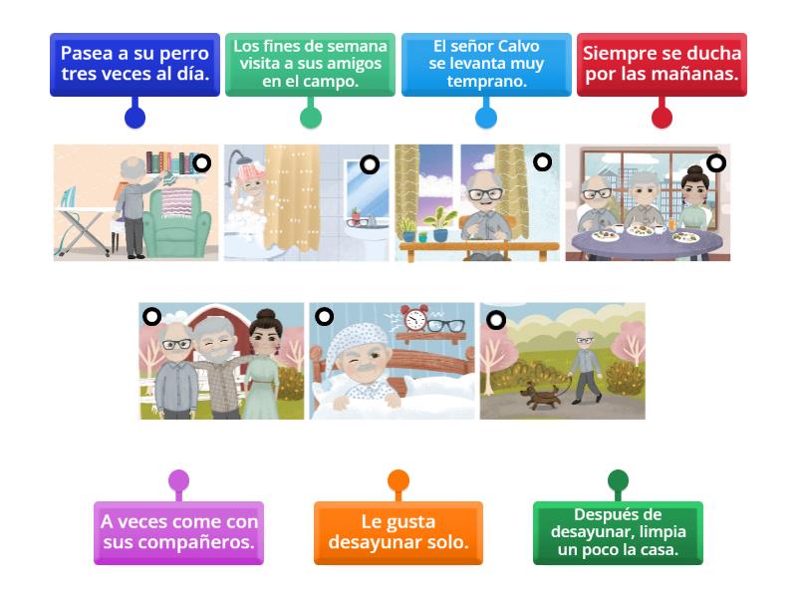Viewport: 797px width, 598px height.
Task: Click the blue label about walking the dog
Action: coord(134,64)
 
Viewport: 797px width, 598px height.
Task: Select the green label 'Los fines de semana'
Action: coord(310,64)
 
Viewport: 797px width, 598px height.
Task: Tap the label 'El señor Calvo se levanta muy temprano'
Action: coord(486,64)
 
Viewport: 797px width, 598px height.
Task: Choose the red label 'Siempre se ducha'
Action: coord(662,64)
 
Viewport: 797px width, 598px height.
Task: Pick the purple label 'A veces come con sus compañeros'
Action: coord(179,533)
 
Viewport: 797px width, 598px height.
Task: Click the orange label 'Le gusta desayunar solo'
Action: coord(398,533)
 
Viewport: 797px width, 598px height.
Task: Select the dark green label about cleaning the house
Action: coord(618,533)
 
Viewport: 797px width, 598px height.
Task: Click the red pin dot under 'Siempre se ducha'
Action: coord(662,118)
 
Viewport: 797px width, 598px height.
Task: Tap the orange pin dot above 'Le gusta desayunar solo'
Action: coord(398,480)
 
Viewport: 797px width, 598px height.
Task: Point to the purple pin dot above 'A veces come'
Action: coord(179,480)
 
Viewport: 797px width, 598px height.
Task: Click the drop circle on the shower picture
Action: coord(370,164)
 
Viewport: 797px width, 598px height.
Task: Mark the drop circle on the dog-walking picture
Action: coord(496,320)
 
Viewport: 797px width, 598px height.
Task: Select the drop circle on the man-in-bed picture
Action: coord(325,317)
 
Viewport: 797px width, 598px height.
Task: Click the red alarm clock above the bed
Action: coord(414,319)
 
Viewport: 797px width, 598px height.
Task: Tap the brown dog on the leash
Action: coord(540,396)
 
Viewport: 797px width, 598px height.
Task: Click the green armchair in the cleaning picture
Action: coord(176,222)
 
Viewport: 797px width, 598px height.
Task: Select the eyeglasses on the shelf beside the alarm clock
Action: coord(445,325)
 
